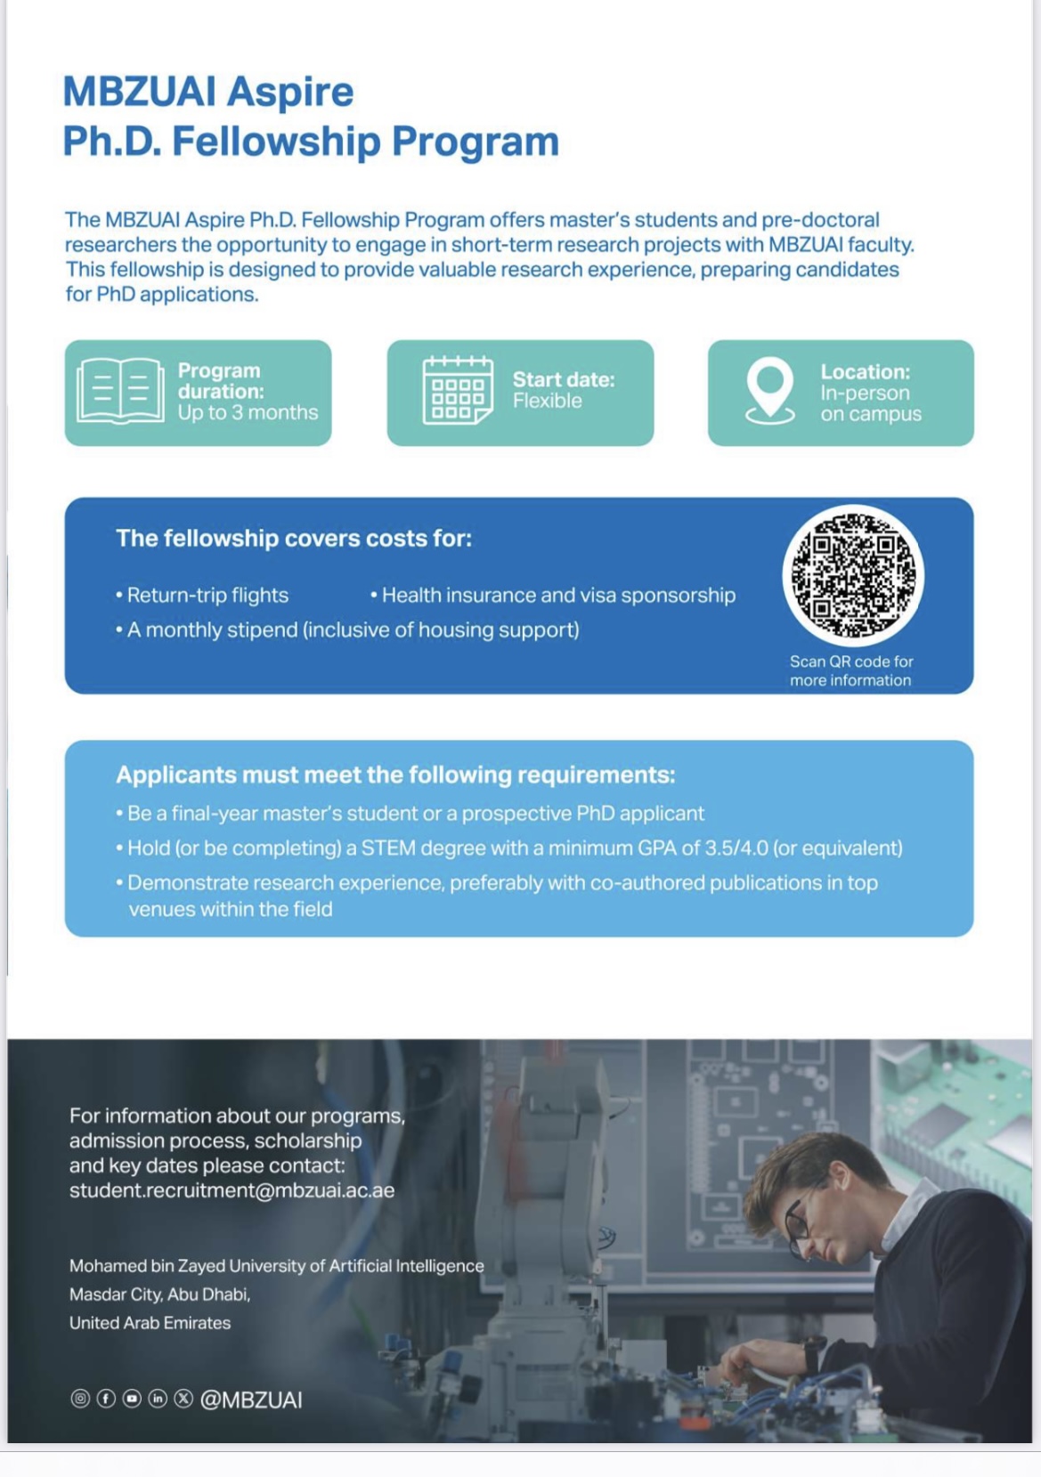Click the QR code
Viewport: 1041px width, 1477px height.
pos(852,574)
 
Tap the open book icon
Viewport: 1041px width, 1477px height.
pos(120,391)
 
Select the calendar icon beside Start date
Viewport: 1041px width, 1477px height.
pos(457,391)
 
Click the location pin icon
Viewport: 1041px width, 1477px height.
pos(769,389)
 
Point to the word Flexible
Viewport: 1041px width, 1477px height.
pos(547,402)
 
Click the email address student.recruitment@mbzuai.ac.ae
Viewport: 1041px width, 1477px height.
pos(232,1191)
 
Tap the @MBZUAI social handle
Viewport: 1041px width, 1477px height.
pos(251,1400)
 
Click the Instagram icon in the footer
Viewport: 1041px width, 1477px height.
pos(80,1399)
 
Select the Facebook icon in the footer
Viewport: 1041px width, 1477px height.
pos(106,1399)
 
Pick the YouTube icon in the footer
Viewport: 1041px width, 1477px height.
pos(132,1399)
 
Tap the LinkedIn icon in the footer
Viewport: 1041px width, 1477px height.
pos(158,1399)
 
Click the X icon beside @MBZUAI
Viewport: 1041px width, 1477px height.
pos(183,1399)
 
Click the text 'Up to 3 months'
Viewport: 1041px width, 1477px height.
pos(248,413)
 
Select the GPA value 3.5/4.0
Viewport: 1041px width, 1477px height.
pos(736,848)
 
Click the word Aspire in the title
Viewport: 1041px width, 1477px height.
pos(289,92)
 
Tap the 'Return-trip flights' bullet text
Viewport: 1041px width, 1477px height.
pos(207,596)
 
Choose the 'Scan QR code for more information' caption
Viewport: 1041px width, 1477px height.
pos(851,671)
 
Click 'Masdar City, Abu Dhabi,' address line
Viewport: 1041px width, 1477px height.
pos(159,1294)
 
